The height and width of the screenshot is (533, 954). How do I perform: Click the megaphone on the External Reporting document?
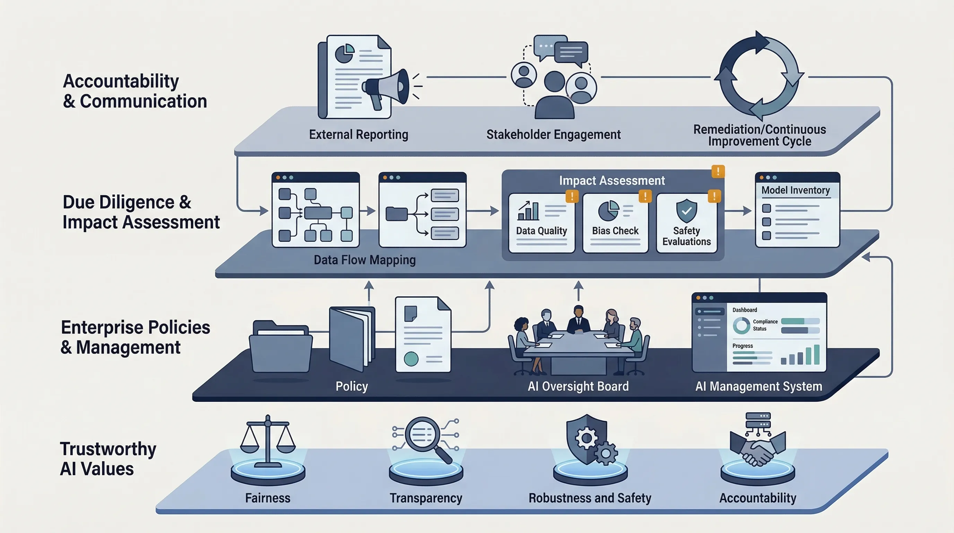(x=385, y=87)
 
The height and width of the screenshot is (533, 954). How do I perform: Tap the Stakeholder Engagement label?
(x=553, y=134)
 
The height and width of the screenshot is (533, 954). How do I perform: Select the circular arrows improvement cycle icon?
(x=759, y=76)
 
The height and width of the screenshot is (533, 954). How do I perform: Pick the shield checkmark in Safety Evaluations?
(x=686, y=211)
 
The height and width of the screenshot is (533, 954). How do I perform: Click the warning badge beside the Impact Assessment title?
(x=718, y=171)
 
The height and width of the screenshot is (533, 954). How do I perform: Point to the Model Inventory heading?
(x=796, y=190)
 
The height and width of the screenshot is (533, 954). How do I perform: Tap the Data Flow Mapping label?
(x=364, y=260)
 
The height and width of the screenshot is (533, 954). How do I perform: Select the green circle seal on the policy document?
(x=411, y=359)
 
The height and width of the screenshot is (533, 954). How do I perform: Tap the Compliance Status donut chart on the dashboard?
(x=741, y=325)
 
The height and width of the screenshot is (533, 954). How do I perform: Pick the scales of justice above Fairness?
(x=268, y=439)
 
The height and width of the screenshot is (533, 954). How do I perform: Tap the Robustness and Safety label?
(x=590, y=498)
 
